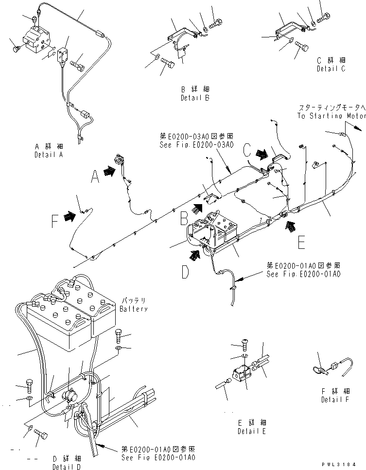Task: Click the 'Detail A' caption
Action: pyautogui.click(x=49, y=155)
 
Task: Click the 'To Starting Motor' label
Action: pyautogui.click(x=331, y=116)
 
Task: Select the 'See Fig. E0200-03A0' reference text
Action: pyautogui.click(x=196, y=145)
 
